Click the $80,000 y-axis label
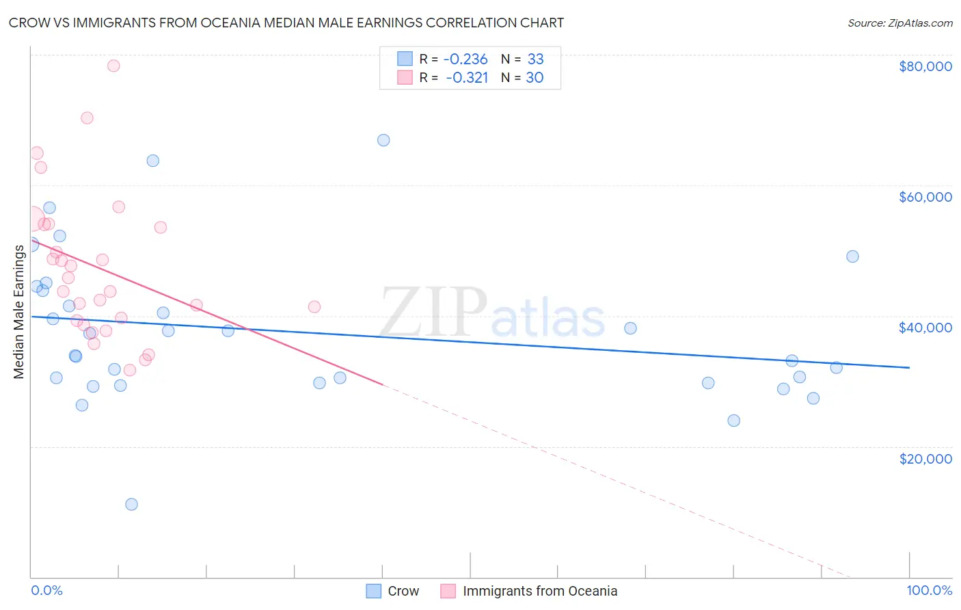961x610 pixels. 925,66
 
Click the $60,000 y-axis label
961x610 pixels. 925,197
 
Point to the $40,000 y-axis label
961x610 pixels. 925,328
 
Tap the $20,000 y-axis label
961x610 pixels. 925,458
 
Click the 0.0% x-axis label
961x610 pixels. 46,590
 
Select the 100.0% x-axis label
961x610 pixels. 929,590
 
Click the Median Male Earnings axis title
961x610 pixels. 19,311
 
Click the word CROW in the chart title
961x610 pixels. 27,23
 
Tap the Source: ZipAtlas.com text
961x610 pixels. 899,23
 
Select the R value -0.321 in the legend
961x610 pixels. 468,78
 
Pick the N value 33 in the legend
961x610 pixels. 535,59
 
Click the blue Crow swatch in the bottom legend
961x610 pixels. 373,591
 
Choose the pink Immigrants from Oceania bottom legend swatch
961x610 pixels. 448,591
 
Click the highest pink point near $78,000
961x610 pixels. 113,66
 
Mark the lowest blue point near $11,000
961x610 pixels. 131,505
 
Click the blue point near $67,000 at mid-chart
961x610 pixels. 383,140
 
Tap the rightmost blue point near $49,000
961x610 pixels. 852,256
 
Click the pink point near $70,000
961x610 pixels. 87,118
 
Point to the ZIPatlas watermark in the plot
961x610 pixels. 492,313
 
